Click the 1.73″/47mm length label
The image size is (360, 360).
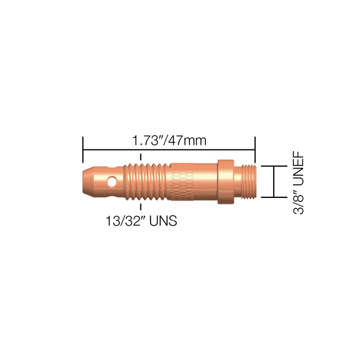(169, 142)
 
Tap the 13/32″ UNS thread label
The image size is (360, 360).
(140, 221)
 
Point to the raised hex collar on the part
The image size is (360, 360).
(224, 181)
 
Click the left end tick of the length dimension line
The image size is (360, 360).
(83, 148)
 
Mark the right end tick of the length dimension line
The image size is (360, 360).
(256, 148)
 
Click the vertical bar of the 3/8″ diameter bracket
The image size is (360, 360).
(274, 181)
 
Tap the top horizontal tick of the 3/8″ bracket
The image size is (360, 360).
(274, 166)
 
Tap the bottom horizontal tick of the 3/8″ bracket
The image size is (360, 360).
(274, 197)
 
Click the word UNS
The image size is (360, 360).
(163, 221)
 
